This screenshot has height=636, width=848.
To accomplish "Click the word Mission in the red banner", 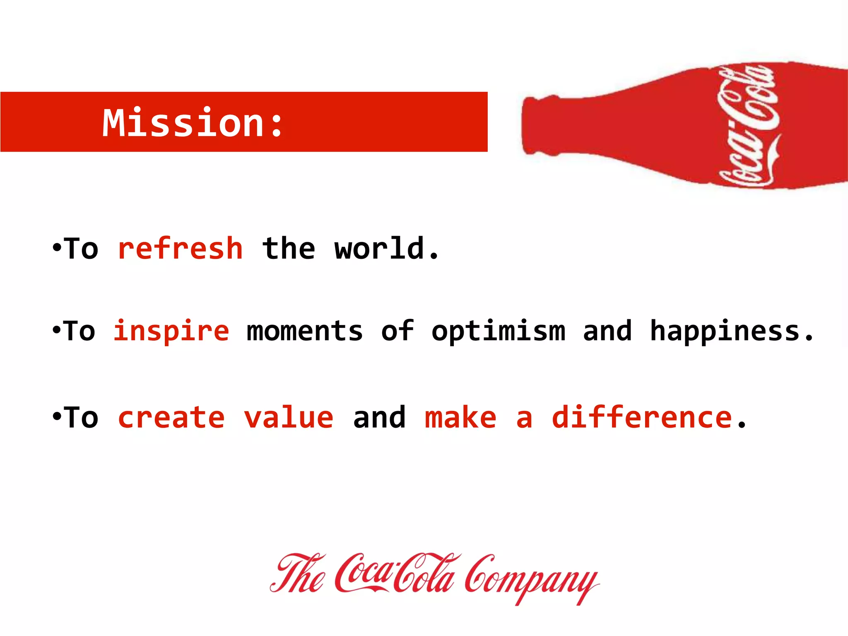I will pyautogui.click(x=183, y=123).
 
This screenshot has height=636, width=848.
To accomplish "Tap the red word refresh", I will pyautogui.click(x=180, y=249).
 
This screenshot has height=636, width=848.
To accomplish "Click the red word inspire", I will pyautogui.click(x=171, y=332).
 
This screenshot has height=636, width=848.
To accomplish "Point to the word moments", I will pyautogui.click(x=304, y=332).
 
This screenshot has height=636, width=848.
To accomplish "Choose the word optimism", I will pyautogui.click(x=498, y=332).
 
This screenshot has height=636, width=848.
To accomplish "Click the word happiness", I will pyautogui.click(x=725, y=332).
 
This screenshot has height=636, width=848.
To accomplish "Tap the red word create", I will pyautogui.click(x=171, y=418).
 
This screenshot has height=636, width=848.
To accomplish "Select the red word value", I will pyautogui.click(x=289, y=418).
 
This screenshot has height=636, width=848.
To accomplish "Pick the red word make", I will pyautogui.click(x=460, y=418).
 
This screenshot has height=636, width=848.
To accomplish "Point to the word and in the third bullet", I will pyautogui.click(x=379, y=418).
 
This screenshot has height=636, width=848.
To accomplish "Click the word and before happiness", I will pyautogui.click(x=607, y=332).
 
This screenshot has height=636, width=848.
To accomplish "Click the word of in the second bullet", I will pyautogui.click(x=397, y=332).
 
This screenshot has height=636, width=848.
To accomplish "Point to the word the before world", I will pyautogui.click(x=289, y=249).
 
